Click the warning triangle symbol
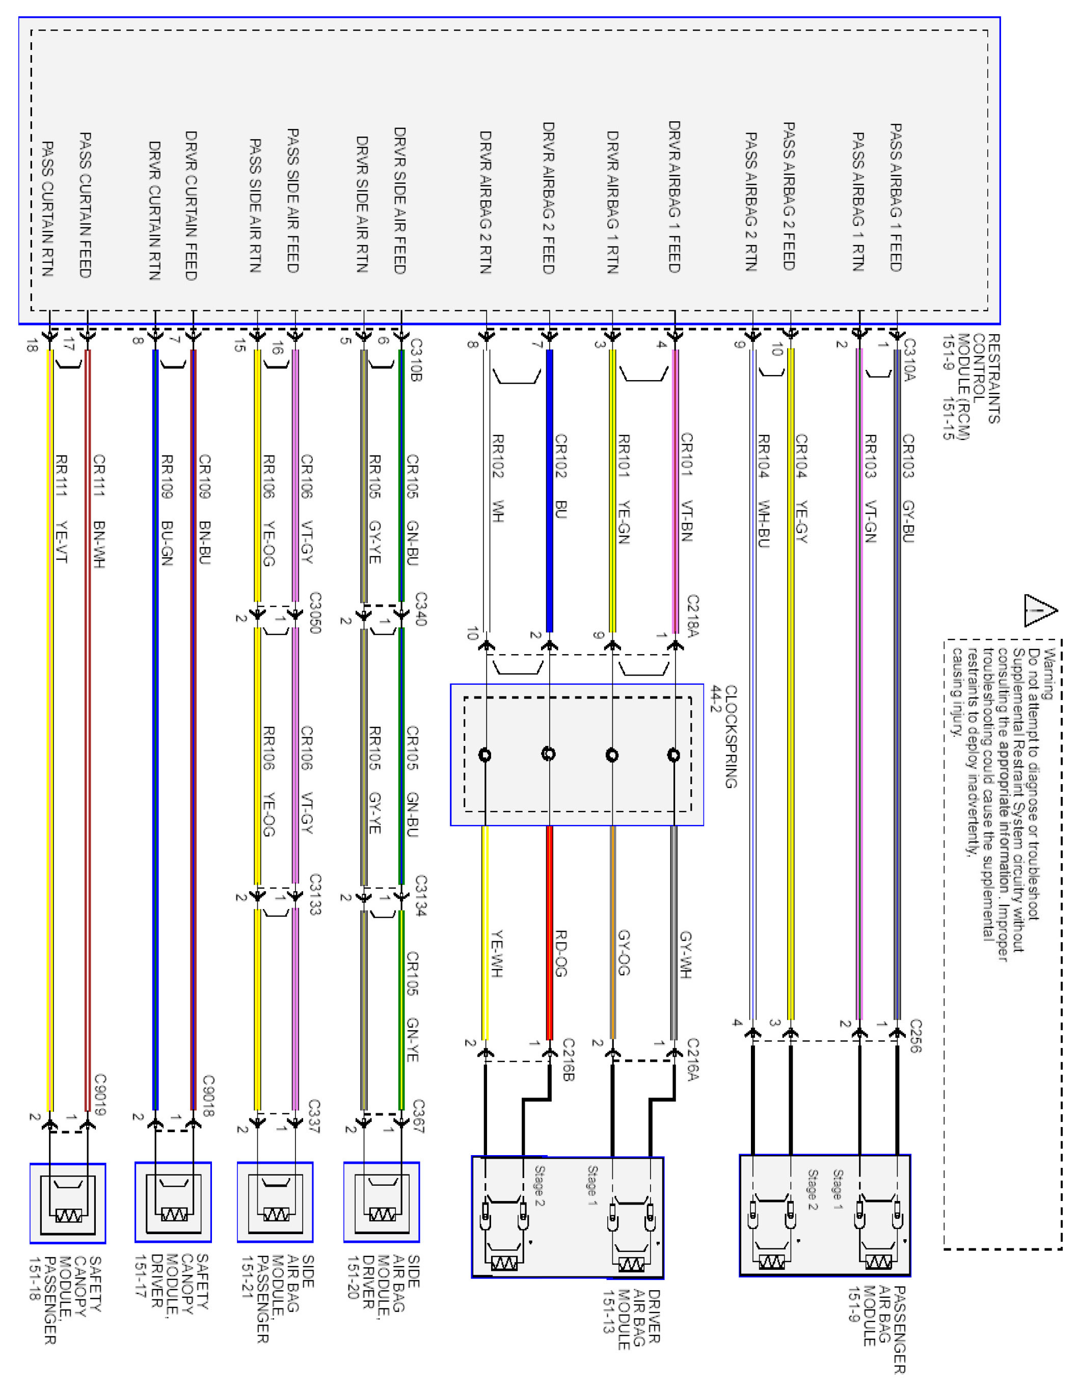point(1039,611)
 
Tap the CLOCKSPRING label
point(731,736)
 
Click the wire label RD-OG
point(560,953)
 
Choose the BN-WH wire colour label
point(99,544)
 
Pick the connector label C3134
point(420,895)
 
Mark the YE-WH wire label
point(497,953)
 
